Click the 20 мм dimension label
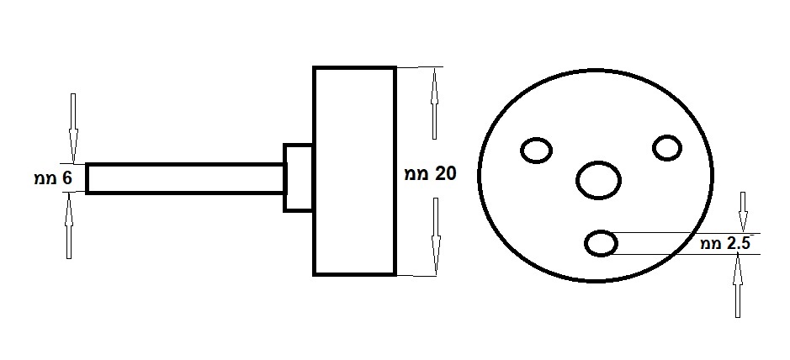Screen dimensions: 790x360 (x=430, y=174)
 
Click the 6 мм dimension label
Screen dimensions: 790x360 (x=53, y=178)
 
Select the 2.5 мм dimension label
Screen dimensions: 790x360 (x=725, y=244)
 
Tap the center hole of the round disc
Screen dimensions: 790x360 (x=598, y=180)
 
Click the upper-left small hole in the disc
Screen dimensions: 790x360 (x=536, y=151)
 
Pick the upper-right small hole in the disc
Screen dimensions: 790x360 (x=667, y=148)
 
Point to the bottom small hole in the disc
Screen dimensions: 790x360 (x=601, y=243)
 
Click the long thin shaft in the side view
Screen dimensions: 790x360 (x=185, y=178)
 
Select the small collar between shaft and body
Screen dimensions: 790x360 (x=299, y=177)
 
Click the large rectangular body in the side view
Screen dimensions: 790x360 (x=354, y=171)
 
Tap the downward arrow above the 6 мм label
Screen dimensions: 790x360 (x=73, y=128)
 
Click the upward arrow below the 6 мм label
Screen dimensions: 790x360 (x=69, y=226)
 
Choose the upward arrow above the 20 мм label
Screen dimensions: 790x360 (x=434, y=103)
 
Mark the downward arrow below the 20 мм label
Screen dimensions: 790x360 (x=437, y=236)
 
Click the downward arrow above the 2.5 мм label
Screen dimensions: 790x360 (x=743, y=212)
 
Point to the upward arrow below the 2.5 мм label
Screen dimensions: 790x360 (x=738, y=285)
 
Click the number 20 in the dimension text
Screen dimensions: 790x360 (x=445, y=174)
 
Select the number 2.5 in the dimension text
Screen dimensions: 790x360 (x=738, y=244)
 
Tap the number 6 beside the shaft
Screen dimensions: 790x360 (x=67, y=178)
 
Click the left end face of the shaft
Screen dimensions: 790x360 (x=87, y=178)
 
